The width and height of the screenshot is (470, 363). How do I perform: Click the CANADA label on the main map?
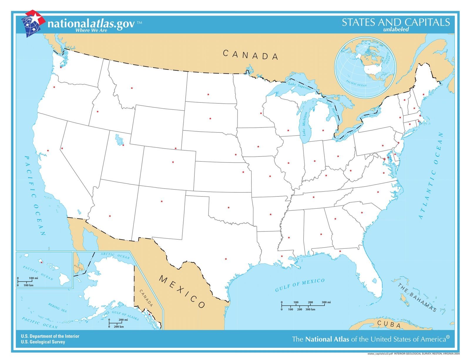click(x=250, y=55)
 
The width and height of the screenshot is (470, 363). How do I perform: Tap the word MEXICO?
click(x=182, y=292)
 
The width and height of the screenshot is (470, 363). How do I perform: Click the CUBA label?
click(x=389, y=325)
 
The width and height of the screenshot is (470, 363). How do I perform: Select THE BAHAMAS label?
click(x=417, y=297)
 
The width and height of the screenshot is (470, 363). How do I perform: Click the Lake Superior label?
click(x=299, y=85)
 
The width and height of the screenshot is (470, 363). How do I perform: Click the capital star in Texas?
click(x=226, y=259)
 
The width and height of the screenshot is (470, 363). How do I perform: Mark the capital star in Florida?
click(x=340, y=251)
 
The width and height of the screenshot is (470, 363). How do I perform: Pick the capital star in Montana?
click(x=132, y=88)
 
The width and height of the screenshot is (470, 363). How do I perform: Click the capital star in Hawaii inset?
click(x=41, y=262)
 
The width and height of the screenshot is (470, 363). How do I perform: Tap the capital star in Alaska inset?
click(x=149, y=314)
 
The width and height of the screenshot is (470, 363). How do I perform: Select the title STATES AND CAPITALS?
click(x=395, y=22)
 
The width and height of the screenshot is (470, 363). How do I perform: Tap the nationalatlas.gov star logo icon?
click(x=33, y=23)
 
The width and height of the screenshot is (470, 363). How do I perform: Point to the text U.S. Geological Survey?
click(x=43, y=342)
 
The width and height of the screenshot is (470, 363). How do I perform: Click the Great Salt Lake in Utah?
click(x=119, y=140)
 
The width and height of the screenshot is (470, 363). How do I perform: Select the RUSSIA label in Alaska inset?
click(x=79, y=267)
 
